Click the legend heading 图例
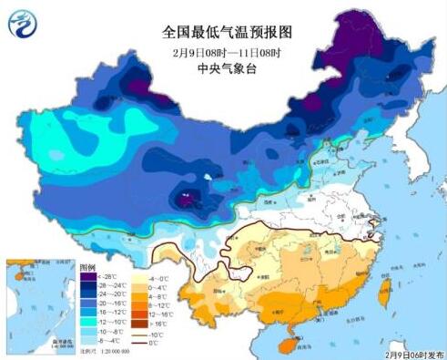(88, 265)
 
